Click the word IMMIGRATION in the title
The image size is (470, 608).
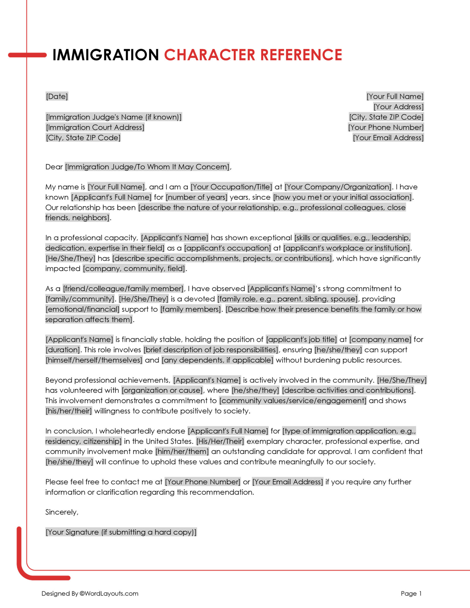pos(106,55)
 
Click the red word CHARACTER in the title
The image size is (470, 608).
pos(210,55)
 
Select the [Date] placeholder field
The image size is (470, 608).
pos(57,96)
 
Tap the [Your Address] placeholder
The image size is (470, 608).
pos(398,107)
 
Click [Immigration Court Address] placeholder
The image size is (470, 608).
pos(95,127)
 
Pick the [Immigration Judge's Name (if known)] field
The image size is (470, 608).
pos(114,117)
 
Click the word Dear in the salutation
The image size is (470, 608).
pos(54,167)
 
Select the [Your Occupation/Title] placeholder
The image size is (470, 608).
pos(231,187)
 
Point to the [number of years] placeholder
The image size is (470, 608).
pos(196,197)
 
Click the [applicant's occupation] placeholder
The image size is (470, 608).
pos(227,248)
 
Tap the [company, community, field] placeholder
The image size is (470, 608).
pos(134,269)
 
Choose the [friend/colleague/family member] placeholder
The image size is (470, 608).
pos(123,289)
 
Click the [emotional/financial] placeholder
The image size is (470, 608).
pos(82,309)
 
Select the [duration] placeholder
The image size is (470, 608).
pos(63,350)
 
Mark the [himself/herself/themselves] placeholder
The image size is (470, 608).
pos(94,360)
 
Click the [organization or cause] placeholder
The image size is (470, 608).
pos(162,390)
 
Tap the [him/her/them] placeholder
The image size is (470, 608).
pos(182,451)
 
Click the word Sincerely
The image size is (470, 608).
pos(62,512)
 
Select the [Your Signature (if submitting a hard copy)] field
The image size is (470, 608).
pos(121,532)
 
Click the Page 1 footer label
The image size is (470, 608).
pos(411,593)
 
